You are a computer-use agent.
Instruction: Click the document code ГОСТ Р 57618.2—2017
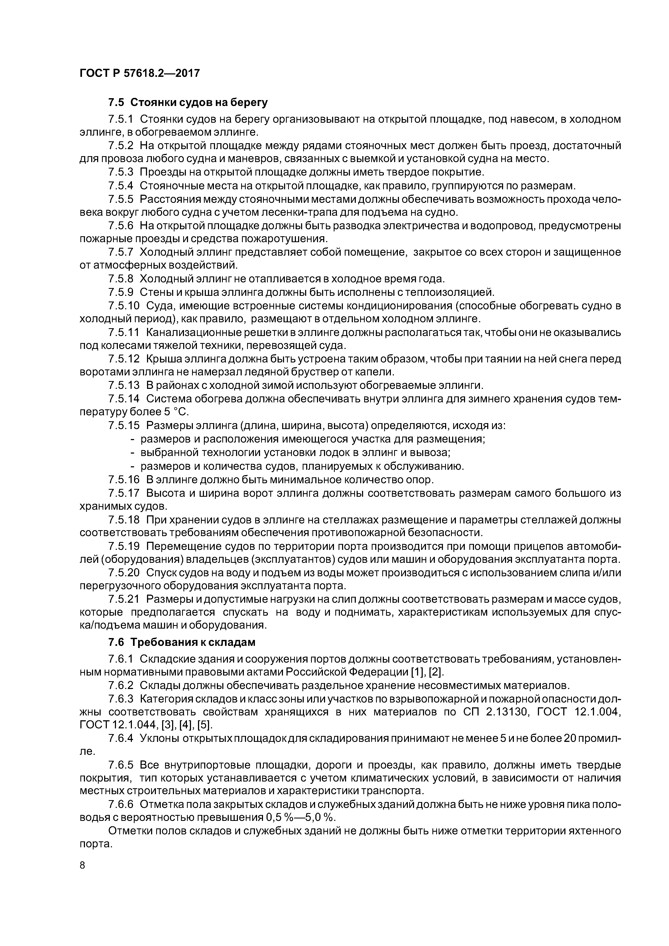point(139,73)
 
